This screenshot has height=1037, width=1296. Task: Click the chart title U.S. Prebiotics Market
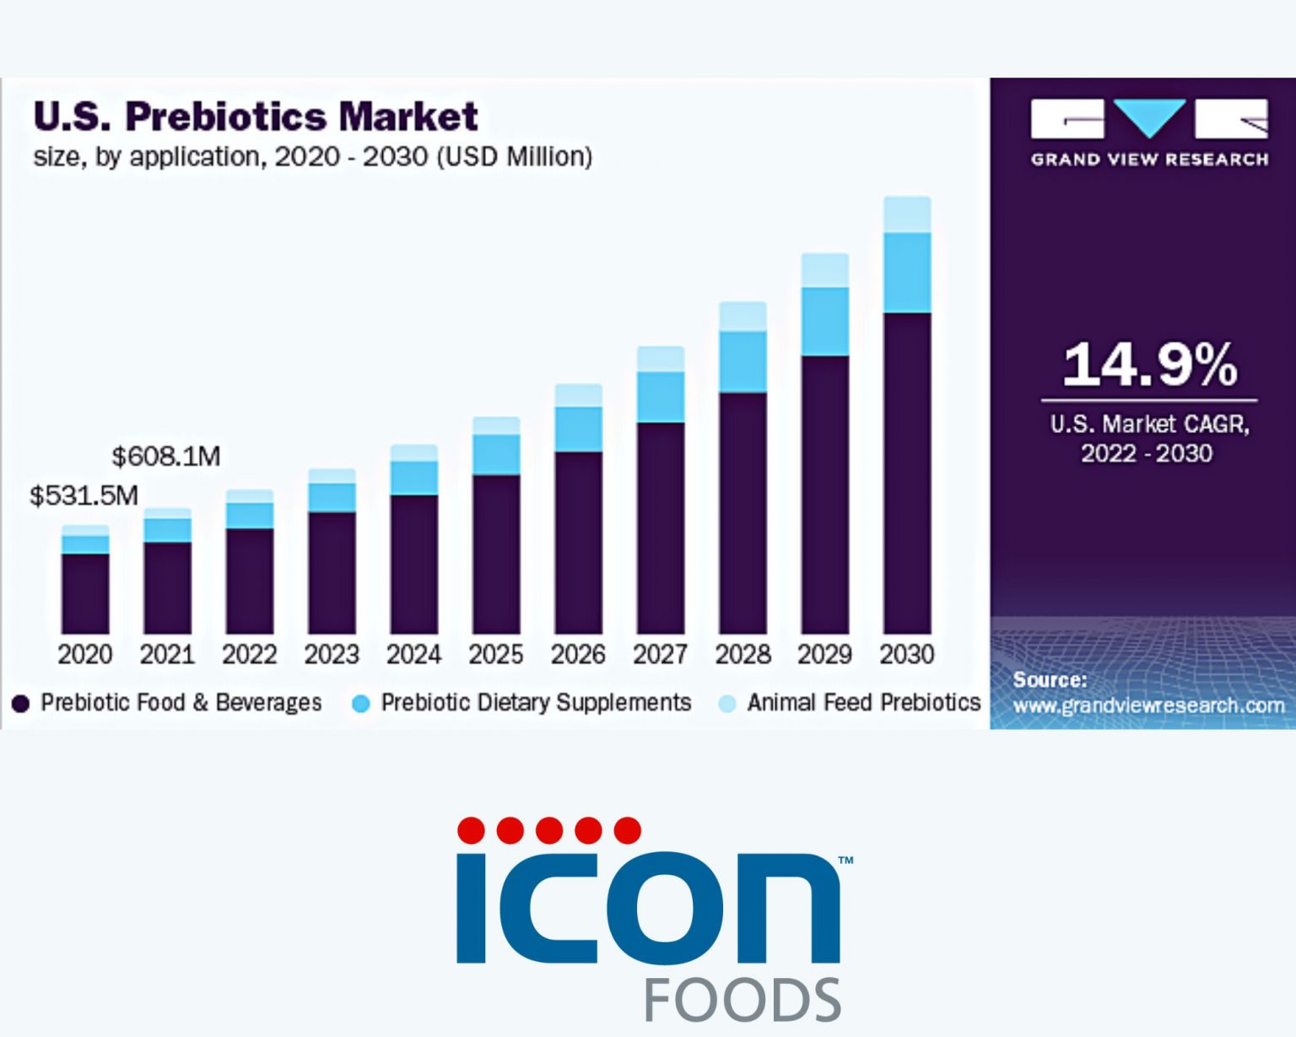pyautogui.click(x=256, y=116)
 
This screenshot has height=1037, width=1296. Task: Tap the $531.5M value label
pyautogui.click(x=84, y=495)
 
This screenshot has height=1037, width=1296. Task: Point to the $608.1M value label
pyautogui.click(x=166, y=456)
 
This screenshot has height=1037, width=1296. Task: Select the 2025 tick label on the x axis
pyautogui.click(x=496, y=654)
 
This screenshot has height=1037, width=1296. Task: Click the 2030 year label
pyautogui.click(x=907, y=654)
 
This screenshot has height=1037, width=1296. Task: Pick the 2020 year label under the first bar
pyautogui.click(x=84, y=654)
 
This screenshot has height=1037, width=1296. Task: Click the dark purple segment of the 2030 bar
pyautogui.click(x=907, y=473)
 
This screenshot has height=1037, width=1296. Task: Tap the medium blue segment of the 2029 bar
pyautogui.click(x=825, y=321)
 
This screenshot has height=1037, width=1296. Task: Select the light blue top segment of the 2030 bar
pyautogui.click(x=907, y=214)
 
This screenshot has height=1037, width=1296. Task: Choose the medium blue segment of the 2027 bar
pyautogui.click(x=661, y=397)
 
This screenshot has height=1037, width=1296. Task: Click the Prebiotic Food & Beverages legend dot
pyautogui.click(x=21, y=703)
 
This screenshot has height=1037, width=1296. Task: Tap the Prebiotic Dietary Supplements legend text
pyautogui.click(x=536, y=702)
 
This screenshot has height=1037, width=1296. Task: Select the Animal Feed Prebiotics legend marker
pyautogui.click(x=726, y=703)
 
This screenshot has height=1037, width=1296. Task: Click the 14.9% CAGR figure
pyautogui.click(x=1149, y=365)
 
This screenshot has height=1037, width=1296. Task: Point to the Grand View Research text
pyautogui.click(x=1149, y=159)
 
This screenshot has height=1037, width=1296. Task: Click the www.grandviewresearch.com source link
pyautogui.click(x=1148, y=705)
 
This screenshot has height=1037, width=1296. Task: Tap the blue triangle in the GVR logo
pyautogui.click(x=1149, y=116)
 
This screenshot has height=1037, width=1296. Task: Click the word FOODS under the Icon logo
pyautogui.click(x=742, y=1001)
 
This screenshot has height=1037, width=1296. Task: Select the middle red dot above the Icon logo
pyautogui.click(x=549, y=830)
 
